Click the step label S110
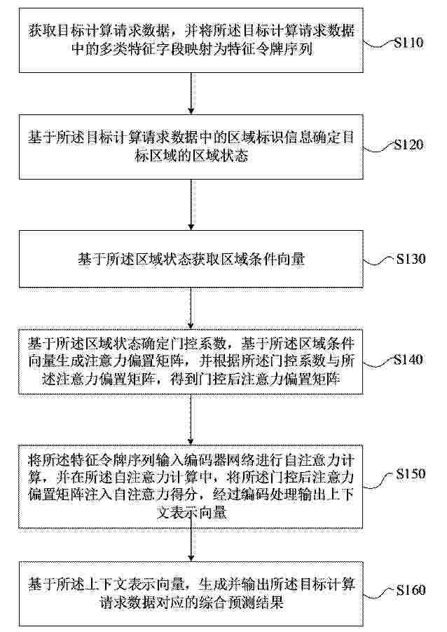[x=408, y=42]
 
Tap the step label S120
[x=408, y=144]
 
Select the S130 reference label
[x=411, y=258]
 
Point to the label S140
[x=408, y=359]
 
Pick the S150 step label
[x=411, y=473]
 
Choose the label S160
[x=411, y=590]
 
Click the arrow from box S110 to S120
[x=191, y=93]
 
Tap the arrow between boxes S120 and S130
[x=191, y=205]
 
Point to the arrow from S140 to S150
[x=191, y=419]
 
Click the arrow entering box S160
[x=191, y=544]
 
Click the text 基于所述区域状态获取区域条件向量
[x=191, y=259]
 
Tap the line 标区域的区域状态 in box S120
[x=191, y=156]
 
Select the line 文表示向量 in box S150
[x=191, y=513]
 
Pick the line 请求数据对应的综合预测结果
[x=191, y=602]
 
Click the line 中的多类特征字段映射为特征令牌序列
[x=192, y=50]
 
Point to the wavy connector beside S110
[x=378, y=44]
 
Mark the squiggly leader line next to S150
[x=379, y=481]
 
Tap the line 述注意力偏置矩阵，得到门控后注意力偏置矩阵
[x=191, y=379]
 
